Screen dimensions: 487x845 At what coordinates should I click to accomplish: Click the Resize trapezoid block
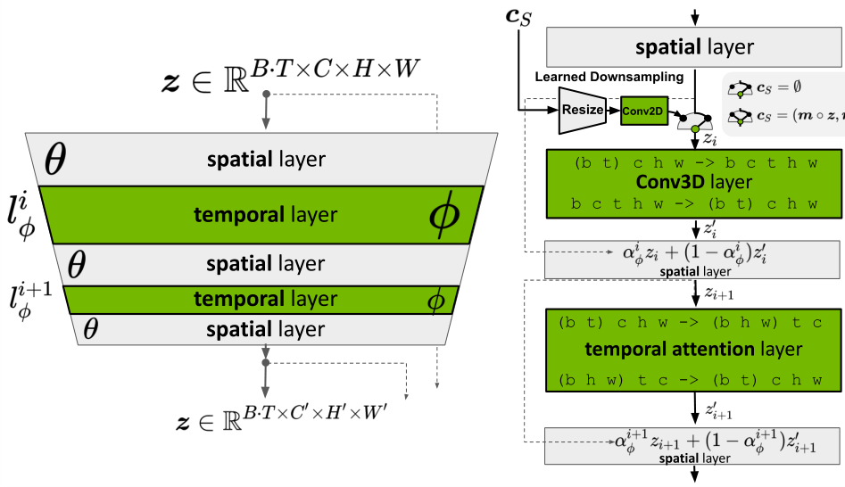tap(582, 110)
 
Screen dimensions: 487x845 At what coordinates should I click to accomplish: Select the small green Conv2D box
tap(643, 111)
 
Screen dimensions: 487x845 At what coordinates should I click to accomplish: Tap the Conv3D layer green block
tap(693, 183)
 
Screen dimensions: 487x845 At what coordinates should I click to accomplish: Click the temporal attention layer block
tap(693, 349)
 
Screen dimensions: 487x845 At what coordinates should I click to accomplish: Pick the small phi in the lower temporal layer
tap(435, 301)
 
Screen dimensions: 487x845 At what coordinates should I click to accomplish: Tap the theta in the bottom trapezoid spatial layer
tap(90, 330)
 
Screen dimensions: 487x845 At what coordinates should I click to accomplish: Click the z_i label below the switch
tap(709, 139)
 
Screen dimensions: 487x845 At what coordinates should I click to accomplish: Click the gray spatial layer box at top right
tap(693, 46)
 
